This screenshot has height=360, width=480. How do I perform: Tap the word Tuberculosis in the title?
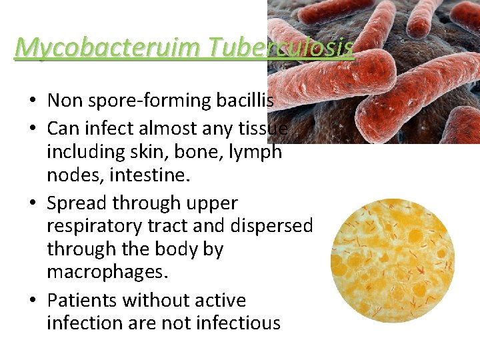[x=281, y=47]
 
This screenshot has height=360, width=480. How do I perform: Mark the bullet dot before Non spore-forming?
[x=32, y=101]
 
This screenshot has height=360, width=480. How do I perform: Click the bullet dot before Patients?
[x=32, y=301]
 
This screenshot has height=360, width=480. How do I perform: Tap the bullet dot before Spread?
[x=32, y=203]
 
